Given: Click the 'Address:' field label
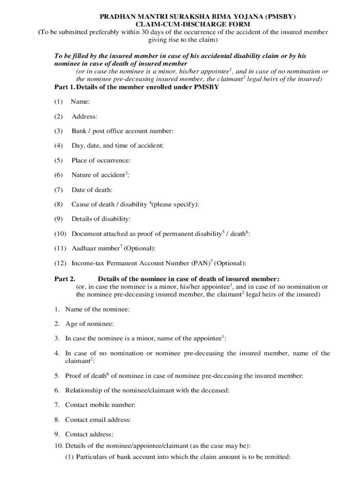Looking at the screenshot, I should click(84, 116).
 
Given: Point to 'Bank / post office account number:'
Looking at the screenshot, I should click(122, 131).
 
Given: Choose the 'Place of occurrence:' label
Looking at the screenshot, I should click(101, 160).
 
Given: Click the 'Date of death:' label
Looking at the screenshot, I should click(92, 189).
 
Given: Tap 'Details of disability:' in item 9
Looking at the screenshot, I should click(101, 219).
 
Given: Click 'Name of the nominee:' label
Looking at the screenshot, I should click(97, 309).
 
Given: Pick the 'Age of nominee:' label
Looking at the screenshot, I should click(89, 324).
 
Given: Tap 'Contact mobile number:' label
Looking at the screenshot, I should click(101, 405).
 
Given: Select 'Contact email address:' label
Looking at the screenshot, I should click(98, 420).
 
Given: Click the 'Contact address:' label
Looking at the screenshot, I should click(89, 435).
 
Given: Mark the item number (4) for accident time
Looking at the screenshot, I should click(58, 145).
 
